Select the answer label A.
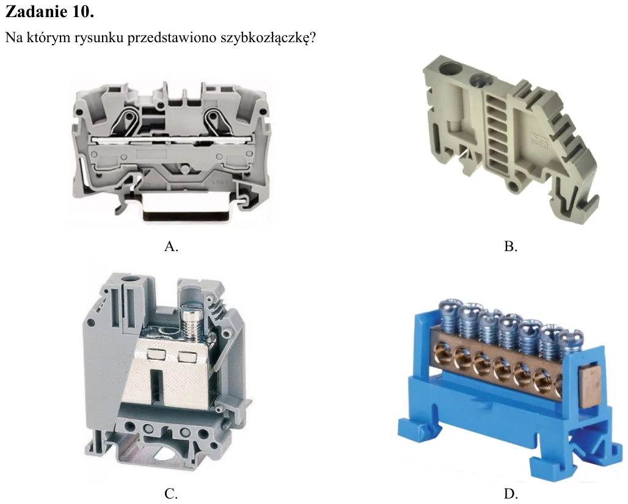[x=171, y=246]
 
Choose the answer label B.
[x=511, y=246]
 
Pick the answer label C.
[x=171, y=494]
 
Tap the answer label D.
[x=511, y=494]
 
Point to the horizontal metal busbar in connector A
[x=172, y=141]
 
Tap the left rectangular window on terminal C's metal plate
[x=155, y=354]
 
